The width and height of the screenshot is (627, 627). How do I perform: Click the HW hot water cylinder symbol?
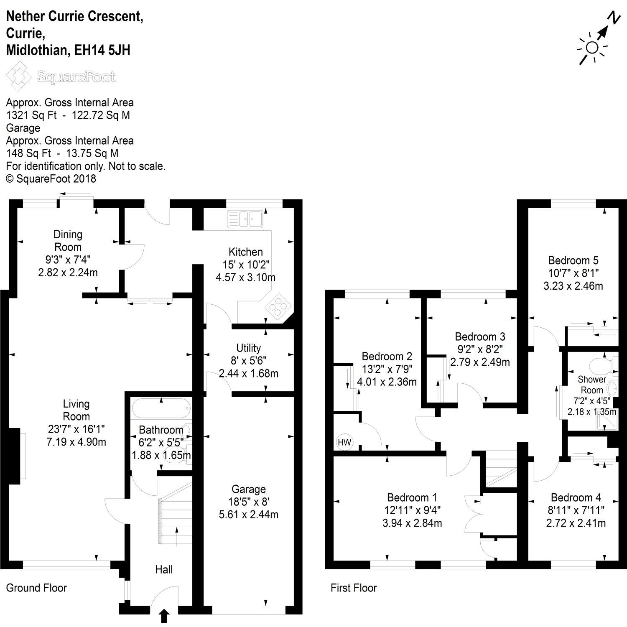[344, 442]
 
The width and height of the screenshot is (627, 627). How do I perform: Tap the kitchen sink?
[245, 219]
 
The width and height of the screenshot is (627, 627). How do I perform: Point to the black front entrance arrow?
[164, 616]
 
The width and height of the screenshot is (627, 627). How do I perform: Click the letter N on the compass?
[613, 18]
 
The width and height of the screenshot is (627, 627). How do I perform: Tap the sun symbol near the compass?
[592, 48]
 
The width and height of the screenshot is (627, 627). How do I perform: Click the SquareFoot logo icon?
[19, 76]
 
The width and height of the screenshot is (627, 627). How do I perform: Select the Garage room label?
[249, 489]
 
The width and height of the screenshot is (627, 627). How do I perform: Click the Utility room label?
[248, 348]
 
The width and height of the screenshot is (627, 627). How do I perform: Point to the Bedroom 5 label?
[573, 260]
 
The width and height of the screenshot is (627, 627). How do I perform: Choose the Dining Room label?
[68, 240]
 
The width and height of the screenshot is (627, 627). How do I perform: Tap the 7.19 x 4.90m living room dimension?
[76, 441]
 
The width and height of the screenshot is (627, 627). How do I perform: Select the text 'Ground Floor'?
[36, 588]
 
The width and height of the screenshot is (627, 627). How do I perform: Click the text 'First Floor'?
[354, 588]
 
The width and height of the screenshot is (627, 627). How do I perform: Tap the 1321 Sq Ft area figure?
[31, 115]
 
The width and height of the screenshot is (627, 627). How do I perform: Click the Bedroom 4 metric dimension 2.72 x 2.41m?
[576, 523]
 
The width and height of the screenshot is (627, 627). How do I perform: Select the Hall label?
[164, 569]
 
